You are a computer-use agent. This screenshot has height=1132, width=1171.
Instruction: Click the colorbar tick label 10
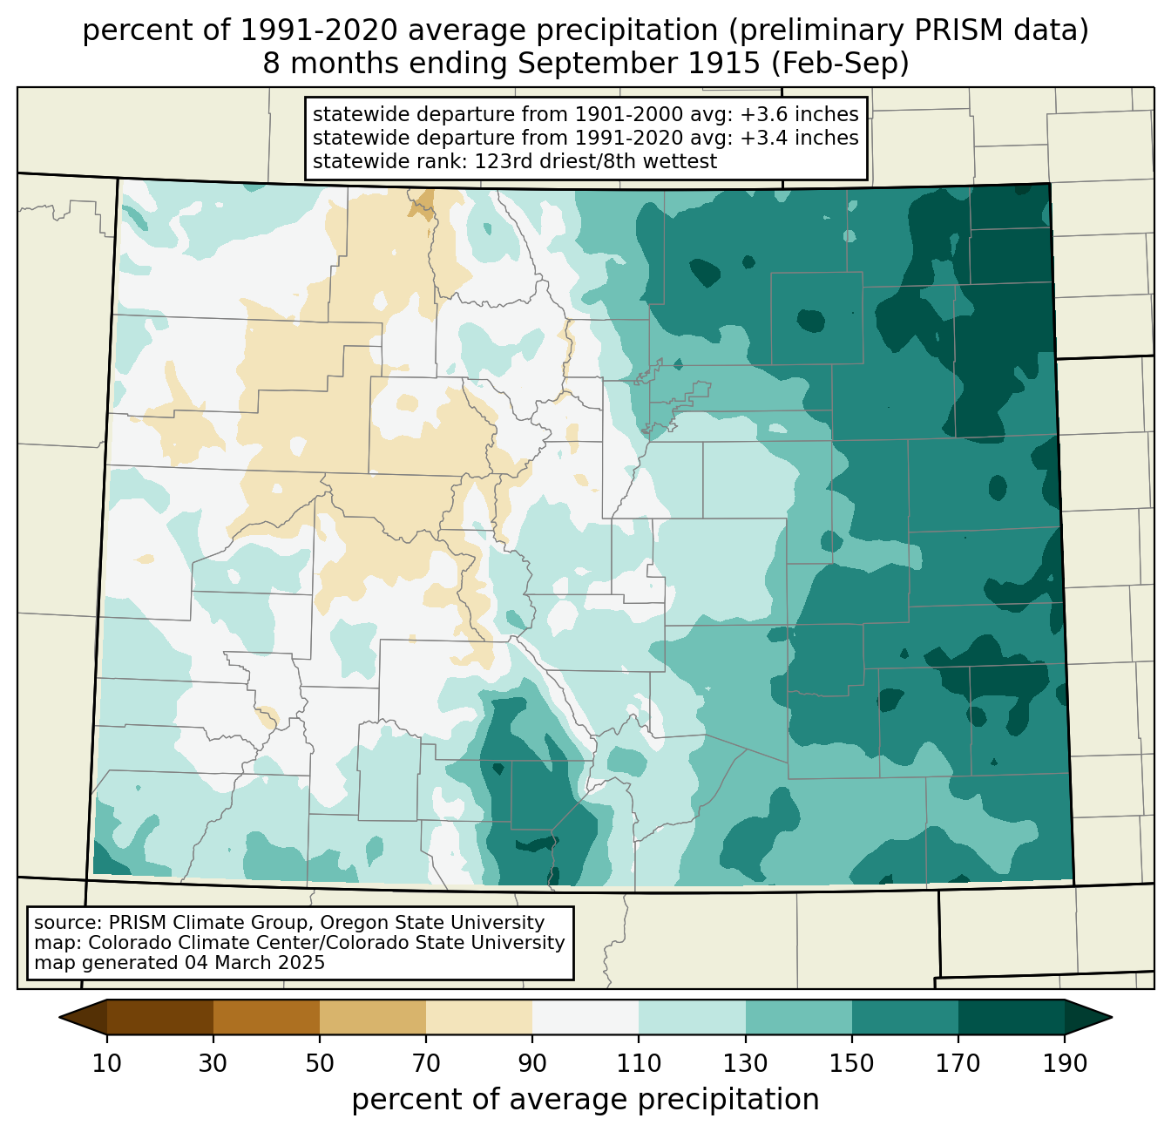106,1063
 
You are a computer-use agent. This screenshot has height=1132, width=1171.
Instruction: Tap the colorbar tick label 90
532,1063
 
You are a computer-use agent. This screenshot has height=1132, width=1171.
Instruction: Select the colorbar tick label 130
746,1063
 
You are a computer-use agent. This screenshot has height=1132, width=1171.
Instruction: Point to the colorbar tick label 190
1065,1063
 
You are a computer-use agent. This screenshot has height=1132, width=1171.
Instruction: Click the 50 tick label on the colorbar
320,1063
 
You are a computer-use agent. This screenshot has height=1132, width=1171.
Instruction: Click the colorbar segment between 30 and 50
266,1017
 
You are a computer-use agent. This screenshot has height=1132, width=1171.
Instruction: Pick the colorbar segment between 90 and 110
585,1017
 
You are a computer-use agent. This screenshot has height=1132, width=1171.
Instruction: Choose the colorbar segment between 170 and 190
1011,1017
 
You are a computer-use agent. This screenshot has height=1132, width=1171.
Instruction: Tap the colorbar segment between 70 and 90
479,1017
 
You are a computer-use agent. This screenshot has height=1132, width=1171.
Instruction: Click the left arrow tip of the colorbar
59,1017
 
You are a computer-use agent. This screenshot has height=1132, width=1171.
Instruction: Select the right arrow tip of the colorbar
1112,1017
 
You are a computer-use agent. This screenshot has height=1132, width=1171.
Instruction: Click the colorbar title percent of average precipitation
585,1100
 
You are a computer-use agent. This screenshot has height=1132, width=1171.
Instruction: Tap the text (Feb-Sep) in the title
840,64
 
